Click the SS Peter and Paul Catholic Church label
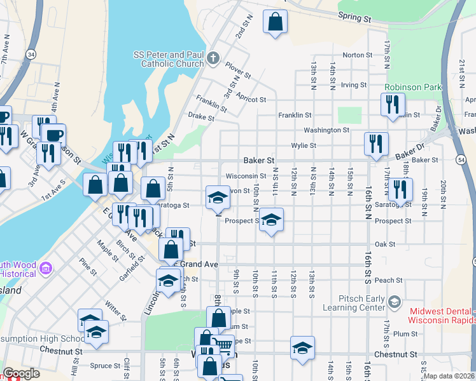click(170, 60)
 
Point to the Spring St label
click(354, 18)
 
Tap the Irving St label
click(354, 84)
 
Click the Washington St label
click(326, 130)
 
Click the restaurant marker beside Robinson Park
click(393, 104)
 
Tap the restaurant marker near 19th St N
click(400, 189)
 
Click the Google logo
click(21, 373)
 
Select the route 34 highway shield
click(31, 56)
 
